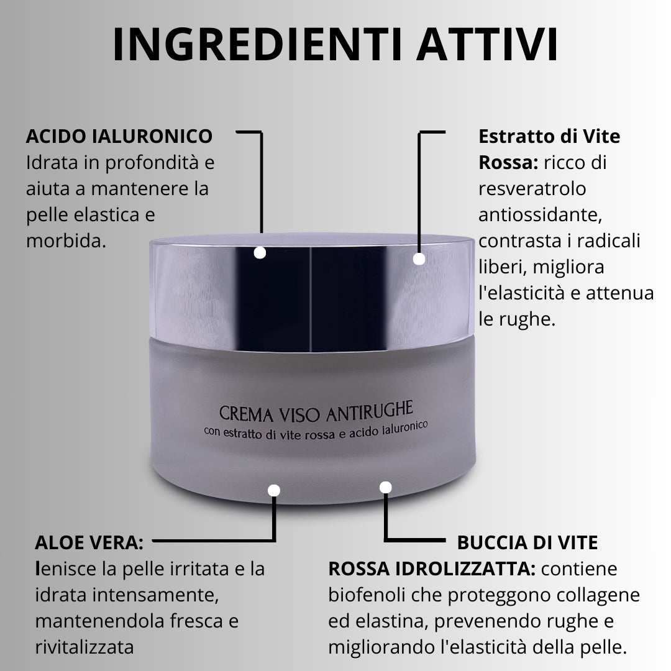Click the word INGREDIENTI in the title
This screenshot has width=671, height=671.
257,45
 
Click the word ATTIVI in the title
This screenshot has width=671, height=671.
487,45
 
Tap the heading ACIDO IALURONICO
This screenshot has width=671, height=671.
119,137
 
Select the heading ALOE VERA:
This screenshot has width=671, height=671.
89,542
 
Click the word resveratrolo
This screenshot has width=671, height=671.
532,189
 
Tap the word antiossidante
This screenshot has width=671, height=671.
540,215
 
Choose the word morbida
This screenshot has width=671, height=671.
66,240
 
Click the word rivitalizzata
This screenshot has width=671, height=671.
84,647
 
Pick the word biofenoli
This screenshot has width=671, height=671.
367,595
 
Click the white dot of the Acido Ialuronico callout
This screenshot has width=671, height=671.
260,253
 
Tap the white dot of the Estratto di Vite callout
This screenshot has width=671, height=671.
419,259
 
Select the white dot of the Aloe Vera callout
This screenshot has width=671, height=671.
274,490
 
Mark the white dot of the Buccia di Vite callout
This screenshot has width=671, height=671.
386,488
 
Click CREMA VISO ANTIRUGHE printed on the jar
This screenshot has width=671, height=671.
316,412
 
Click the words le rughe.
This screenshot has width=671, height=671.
517,319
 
